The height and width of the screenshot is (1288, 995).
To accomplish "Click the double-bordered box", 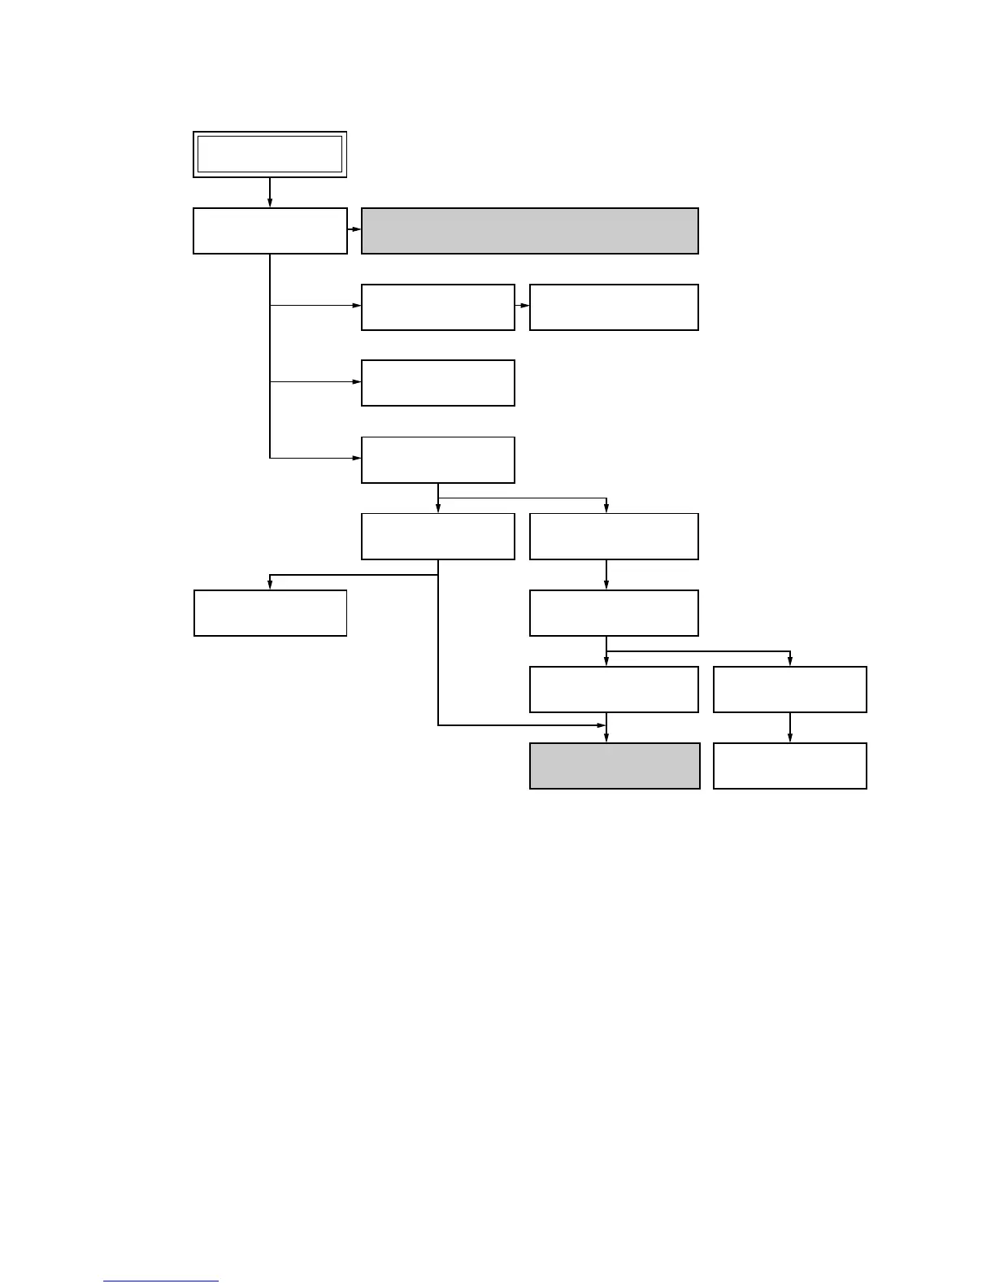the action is coord(270,154).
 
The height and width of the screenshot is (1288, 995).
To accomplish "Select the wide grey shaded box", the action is coord(529,231).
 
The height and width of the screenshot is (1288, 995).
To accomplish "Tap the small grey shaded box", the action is coord(615,766).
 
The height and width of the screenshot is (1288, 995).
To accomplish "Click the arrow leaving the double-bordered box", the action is coord(270,192).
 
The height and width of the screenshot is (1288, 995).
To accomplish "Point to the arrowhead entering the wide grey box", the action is coord(356,229).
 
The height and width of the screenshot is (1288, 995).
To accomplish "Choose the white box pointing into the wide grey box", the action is coord(270,231).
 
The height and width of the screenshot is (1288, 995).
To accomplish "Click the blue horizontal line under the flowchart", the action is coord(161,1281).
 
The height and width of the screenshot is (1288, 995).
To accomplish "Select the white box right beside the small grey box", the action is coord(789,766).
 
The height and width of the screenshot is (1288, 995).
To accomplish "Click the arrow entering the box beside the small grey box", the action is coord(789,728).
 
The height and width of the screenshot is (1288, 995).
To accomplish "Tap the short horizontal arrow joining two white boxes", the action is coord(522,307).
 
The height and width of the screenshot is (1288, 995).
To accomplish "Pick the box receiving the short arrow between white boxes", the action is coord(614,307).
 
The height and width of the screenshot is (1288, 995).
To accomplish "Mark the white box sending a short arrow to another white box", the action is coord(438,307).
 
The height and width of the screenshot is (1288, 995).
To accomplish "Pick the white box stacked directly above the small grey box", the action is coord(614,690).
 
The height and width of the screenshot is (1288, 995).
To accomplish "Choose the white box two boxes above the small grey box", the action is coord(614,613).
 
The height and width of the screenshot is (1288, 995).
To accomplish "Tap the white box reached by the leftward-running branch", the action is coord(270,613).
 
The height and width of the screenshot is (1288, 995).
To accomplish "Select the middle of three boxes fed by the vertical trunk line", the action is coord(438,383).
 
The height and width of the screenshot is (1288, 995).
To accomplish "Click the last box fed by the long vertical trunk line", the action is coord(438,460).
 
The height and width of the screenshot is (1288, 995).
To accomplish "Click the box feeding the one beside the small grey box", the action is coord(789,690).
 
